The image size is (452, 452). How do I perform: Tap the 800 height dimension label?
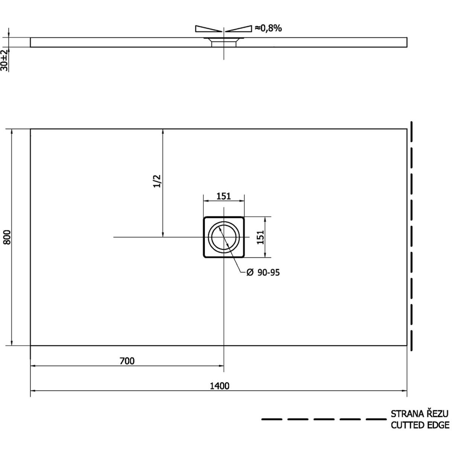click(x=7, y=237)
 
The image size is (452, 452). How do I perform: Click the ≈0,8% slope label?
click(x=268, y=28)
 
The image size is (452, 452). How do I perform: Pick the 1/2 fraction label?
click(x=157, y=181)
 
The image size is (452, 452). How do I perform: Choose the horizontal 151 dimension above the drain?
click(x=223, y=196)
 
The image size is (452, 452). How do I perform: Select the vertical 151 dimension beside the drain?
click(x=260, y=237)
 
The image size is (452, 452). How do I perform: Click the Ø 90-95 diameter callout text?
click(x=263, y=273)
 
